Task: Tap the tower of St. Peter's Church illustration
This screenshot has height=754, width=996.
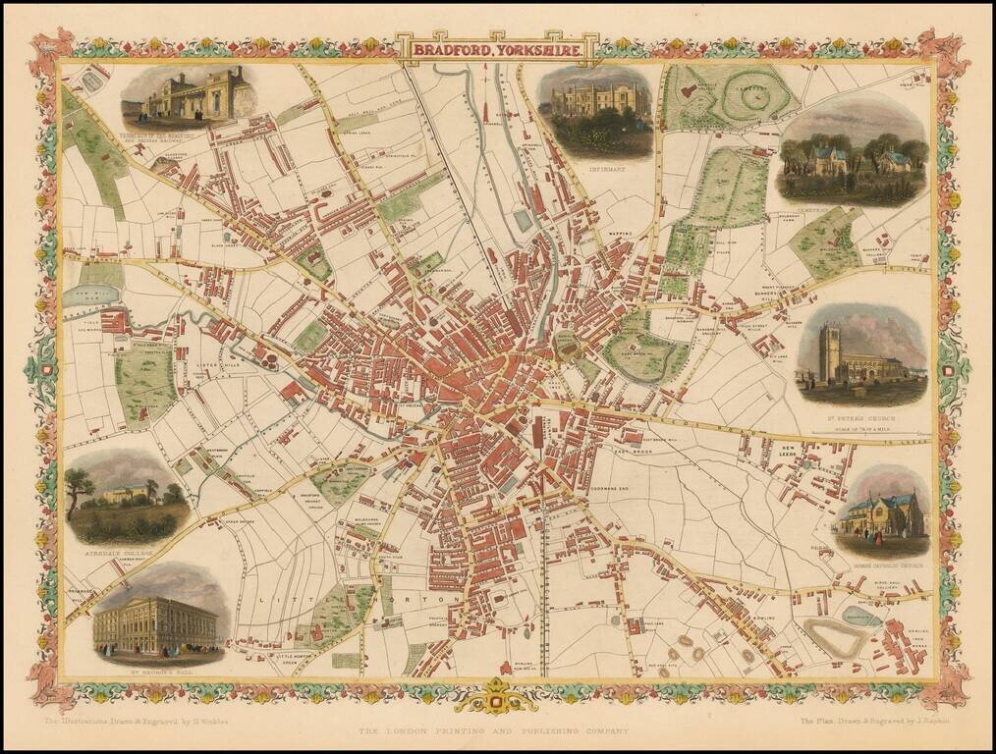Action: point(831,351)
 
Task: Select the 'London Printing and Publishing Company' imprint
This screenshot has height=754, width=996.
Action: point(493,730)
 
